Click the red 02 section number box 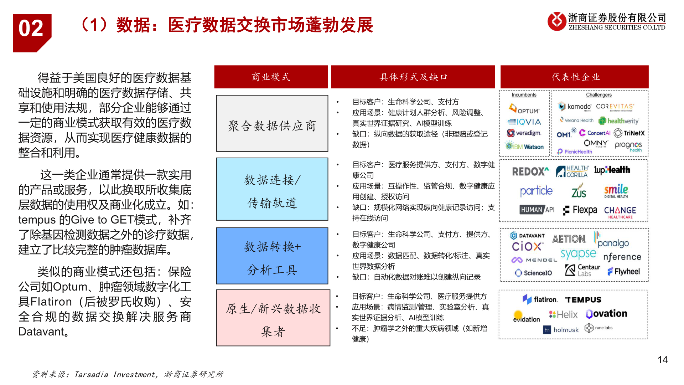click(32, 32)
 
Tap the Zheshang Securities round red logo click(557, 21)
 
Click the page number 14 click(662, 360)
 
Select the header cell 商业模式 click(271, 77)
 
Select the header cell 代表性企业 click(574, 77)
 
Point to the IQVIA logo click(524, 122)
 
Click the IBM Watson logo click(524, 146)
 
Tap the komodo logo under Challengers click(574, 106)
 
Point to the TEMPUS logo click(584, 300)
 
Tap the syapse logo click(578, 253)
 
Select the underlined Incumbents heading click(524, 95)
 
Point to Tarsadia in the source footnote click(91, 374)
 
